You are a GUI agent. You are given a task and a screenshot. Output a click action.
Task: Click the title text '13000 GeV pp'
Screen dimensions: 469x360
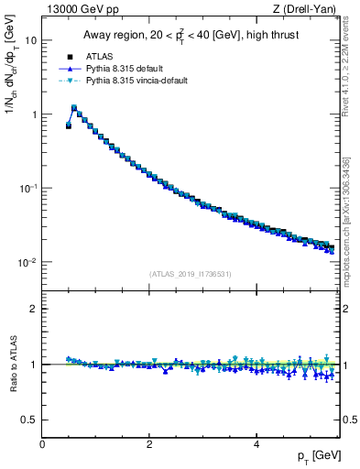pyautogui.click(x=77, y=9)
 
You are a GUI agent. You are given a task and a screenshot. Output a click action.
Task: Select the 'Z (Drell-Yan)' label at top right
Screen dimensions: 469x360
pyautogui.click(x=308, y=9)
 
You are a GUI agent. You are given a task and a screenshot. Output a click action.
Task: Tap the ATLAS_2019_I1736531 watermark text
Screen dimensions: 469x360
pyautogui.click(x=190, y=274)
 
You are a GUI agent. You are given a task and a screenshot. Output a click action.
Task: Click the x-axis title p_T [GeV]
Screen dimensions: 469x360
pyautogui.click(x=318, y=455)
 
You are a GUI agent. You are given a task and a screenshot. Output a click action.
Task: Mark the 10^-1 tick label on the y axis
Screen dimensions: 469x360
pyautogui.click(x=29, y=188)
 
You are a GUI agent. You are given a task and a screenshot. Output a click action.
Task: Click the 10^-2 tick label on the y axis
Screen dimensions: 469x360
pyautogui.click(x=29, y=262)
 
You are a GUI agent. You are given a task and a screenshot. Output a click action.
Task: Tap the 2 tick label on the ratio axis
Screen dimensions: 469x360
pyautogui.click(x=34, y=309)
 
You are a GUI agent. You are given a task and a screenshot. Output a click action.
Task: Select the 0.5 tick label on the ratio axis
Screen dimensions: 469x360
pyautogui.click(x=30, y=420)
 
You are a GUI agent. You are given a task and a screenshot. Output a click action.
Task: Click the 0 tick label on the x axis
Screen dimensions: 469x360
pyautogui.click(x=43, y=442)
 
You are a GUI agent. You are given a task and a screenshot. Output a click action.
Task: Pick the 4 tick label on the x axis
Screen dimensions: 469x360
pyautogui.click(x=256, y=442)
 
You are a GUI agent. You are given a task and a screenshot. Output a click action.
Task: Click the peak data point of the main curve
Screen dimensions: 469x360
pyautogui.click(x=74, y=107)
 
